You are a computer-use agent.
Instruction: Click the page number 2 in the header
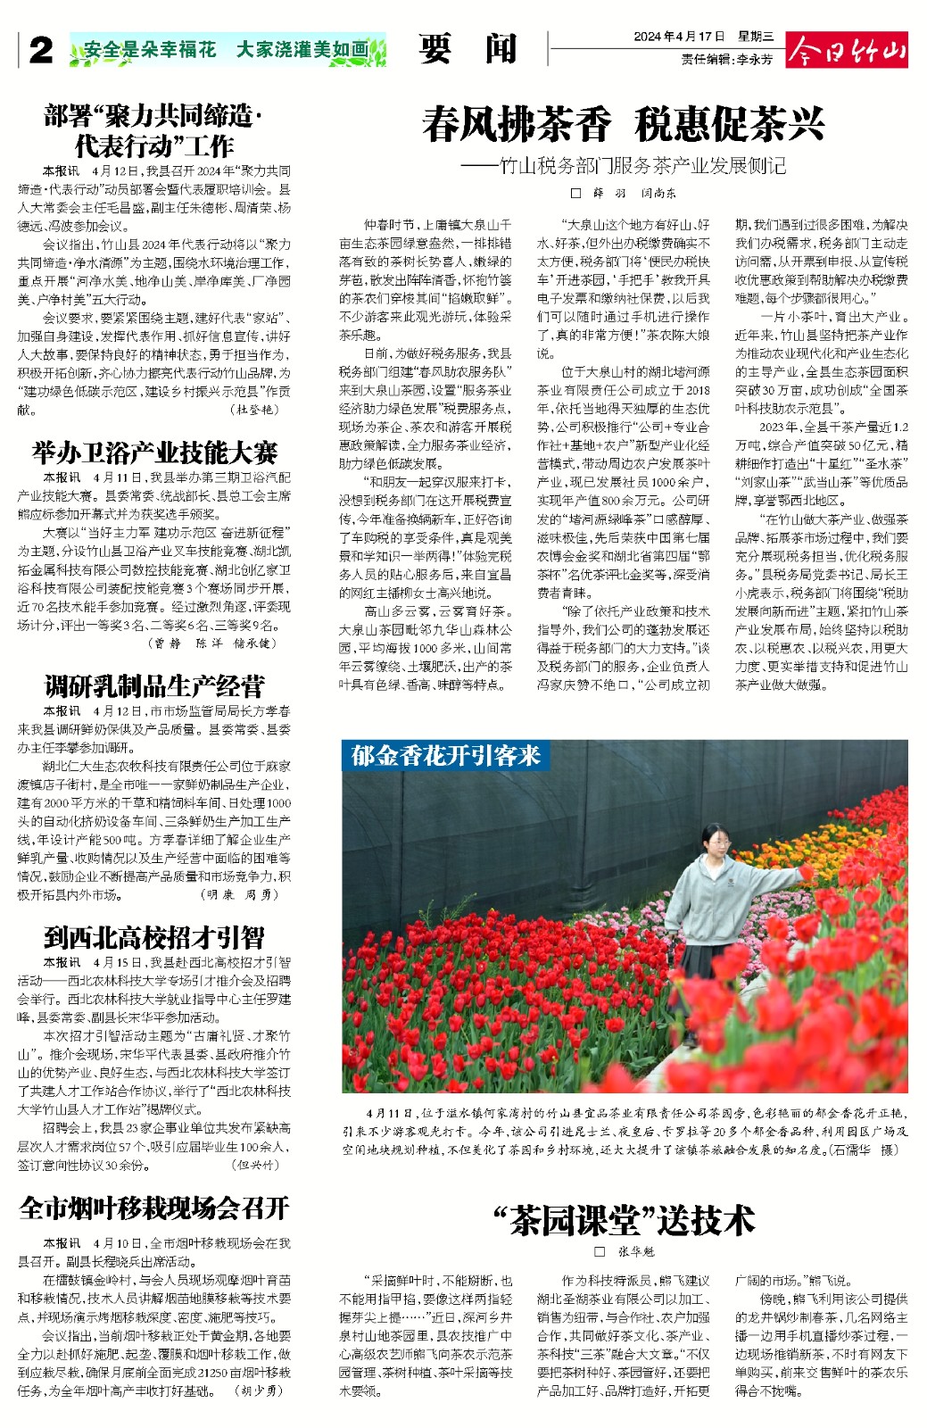tap(39, 51)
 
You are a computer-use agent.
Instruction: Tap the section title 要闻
tap(468, 49)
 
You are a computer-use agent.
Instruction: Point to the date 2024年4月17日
tap(679, 37)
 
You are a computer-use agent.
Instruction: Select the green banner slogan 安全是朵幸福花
tap(151, 50)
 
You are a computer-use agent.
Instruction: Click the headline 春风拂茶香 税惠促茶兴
tap(624, 124)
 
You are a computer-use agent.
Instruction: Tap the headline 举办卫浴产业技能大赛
tap(154, 452)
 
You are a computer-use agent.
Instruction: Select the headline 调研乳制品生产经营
tap(154, 685)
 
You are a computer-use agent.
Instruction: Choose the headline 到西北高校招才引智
tap(154, 937)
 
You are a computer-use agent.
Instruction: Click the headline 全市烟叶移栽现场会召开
tap(154, 1208)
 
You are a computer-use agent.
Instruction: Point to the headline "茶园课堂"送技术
tap(624, 1220)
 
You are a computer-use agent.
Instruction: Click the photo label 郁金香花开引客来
tap(446, 756)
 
